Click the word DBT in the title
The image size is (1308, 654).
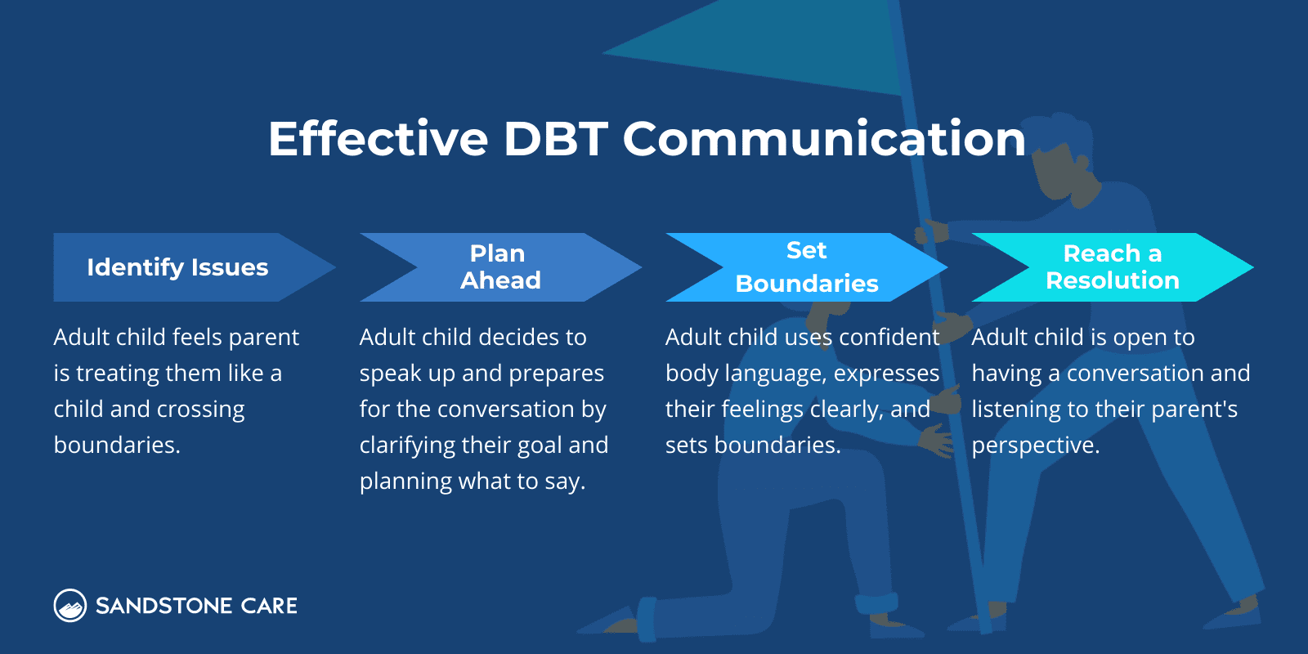pyautogui.click(x=555, y=139)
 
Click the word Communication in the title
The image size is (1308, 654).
pyautogui.click(x=823, y=139)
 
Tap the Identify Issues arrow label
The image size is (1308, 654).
pyautogui.click(x=177, y=267)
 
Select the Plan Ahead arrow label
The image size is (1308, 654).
pyautogui.click(x=499, y=267)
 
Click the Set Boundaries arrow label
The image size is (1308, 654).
pyautogui.click(x=806, y=267)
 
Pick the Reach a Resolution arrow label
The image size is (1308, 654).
pyautogui.click(x=1112, y=267)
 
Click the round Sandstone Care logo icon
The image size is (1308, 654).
pyautogui.click(x=70, y=606)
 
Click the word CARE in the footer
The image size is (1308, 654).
pyautogui.click(x=270, y=606)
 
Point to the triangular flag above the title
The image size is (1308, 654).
pyautogui.click(x=777, y=49)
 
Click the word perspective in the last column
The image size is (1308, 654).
pyautogui.click(x=1034, y=446)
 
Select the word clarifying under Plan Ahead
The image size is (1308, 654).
pyautogui.click(x=407, y=446)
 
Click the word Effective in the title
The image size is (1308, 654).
pyautogui.click(x=378, y=139)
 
